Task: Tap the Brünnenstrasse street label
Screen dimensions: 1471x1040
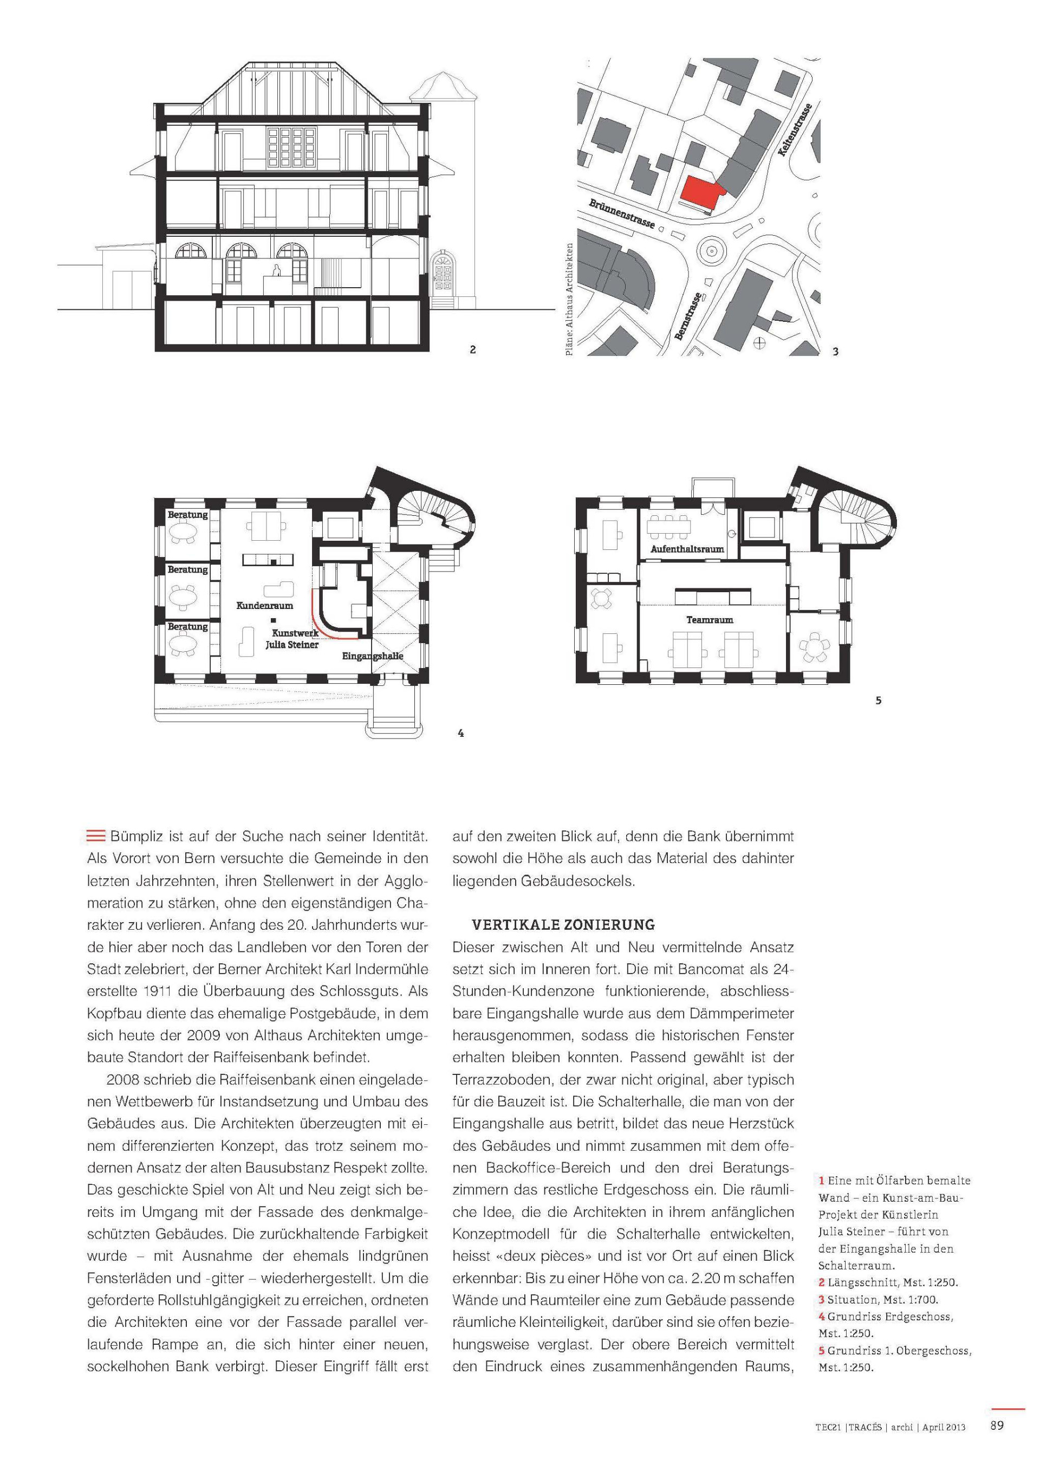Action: click(x=622, y=214)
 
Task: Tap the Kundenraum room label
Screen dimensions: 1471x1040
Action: click(x=264, y=605)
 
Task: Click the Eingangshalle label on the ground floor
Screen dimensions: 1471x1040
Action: click(x=372, y=656)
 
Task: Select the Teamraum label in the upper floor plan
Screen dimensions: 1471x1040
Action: click(x=710, y=620)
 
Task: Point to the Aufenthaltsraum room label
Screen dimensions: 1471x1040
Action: click(x=687, y=549)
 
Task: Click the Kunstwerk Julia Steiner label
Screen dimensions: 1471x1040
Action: click(x=292, y=639)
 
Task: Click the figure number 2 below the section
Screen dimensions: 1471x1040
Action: click(x=473, y=350)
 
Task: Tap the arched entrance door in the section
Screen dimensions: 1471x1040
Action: click(x=442, y=273)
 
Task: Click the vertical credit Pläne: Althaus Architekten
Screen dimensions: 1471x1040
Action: click(x=569, y=299)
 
